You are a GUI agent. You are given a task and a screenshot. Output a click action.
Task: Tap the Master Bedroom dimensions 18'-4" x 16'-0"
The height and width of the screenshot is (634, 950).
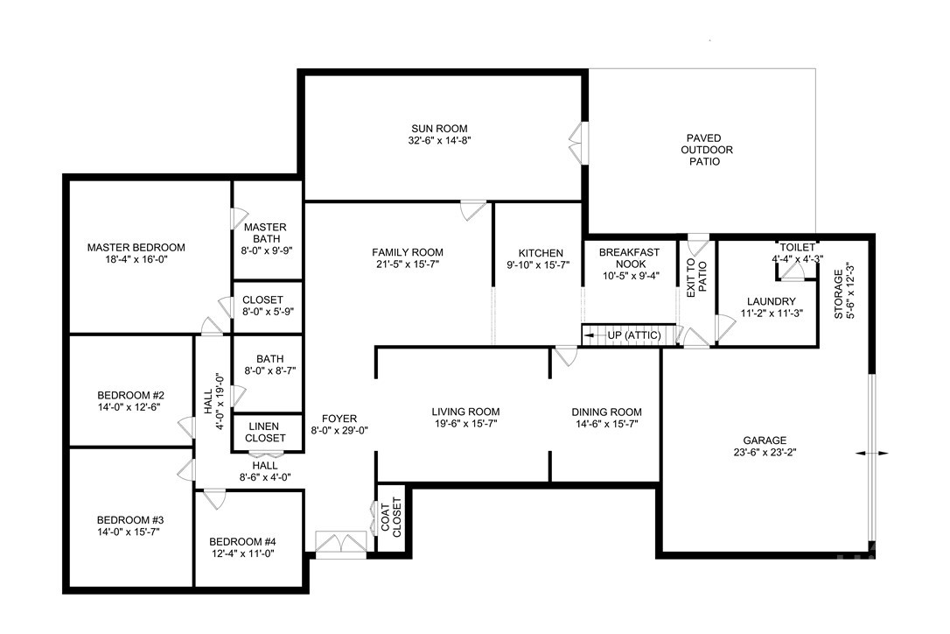136,260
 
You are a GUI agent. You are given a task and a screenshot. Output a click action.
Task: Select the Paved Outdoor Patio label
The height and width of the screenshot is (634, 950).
709,150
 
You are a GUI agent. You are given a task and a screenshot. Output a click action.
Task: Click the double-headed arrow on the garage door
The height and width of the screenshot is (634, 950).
872,454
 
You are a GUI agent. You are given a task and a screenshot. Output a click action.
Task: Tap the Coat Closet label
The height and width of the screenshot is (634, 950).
391,518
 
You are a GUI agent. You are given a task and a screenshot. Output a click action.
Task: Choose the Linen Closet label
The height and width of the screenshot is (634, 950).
265,432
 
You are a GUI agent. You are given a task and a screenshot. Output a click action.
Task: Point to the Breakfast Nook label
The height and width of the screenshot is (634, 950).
629,258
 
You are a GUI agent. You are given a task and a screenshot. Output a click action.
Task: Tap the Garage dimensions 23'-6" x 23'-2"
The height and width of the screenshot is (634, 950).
765,453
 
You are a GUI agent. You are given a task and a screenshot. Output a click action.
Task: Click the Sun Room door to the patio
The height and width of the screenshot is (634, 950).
576,140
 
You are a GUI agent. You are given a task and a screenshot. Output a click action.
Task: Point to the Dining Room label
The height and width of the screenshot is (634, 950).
606,412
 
